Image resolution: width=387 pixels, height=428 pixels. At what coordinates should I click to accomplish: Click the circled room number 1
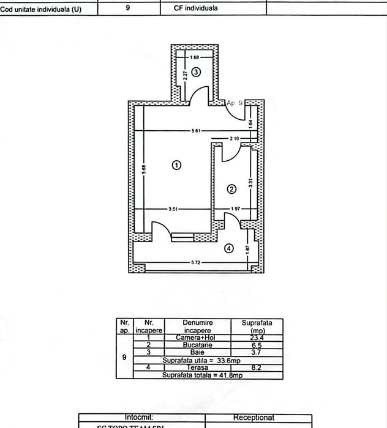[176, 165]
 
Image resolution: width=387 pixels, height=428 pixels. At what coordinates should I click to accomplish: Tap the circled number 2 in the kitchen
[231, 189]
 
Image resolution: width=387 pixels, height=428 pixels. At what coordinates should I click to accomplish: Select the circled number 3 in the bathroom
[196, 72]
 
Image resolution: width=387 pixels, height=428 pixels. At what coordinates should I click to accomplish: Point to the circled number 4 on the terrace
[229, 248]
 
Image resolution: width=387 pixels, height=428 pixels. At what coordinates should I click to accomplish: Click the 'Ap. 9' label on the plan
[235, 103]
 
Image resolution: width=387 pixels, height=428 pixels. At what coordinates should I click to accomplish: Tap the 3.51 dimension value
[173, 210]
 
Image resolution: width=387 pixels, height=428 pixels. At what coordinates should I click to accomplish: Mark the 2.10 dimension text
[234, 138]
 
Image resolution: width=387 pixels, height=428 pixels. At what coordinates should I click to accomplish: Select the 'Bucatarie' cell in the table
[197, 345]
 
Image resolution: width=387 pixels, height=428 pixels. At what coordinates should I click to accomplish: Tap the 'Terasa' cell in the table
[197, 367]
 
